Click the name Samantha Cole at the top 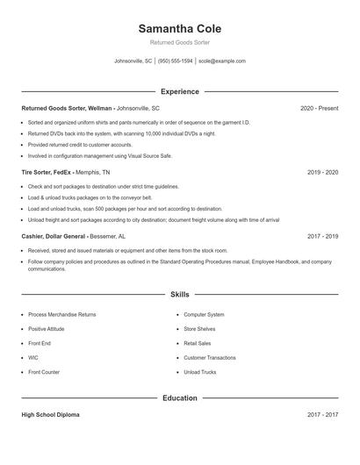click(180, 29)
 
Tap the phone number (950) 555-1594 click(176, 61)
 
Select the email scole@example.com click(222, 61)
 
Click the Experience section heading click(180, 91)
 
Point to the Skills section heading click(180, 295)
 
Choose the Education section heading click(180, 398)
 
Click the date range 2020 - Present click(319, 108)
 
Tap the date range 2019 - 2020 click(322, 173)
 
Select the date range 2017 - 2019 click(322, 237)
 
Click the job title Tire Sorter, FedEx click(47, 173)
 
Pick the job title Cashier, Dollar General click(53, 237)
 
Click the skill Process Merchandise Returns click(61, 314)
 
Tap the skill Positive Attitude click(46, 329)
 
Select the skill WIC click(32, 358)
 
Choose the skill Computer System click(204, 314)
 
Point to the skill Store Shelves click(200, 329)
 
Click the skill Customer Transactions click(210, 358)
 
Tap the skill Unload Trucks click(200, 372)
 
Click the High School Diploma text click(50, 415)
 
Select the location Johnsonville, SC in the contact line click(133, 61)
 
